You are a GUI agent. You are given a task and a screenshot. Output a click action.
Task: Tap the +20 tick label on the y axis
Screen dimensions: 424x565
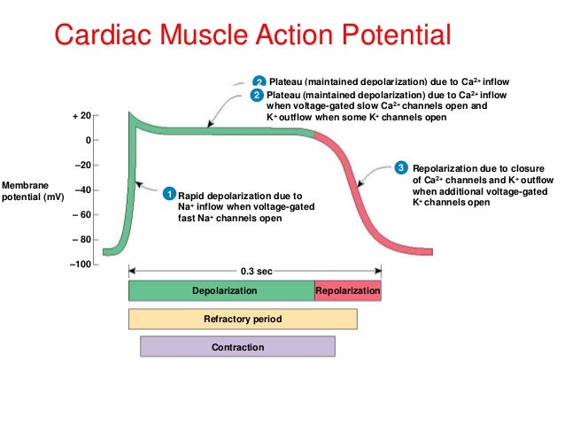(81, 116)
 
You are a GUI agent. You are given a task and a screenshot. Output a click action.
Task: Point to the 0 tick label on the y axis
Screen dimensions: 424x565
(86, 140)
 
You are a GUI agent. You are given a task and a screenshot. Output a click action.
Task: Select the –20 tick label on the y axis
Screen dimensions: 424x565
(81, 165)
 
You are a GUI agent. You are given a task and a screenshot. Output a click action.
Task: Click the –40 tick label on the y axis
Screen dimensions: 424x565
(81, 189)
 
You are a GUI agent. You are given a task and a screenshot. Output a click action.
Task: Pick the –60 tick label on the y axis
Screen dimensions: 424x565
(81, 214)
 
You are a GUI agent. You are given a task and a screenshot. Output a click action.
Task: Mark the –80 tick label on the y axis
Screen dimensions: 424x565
(81, 239)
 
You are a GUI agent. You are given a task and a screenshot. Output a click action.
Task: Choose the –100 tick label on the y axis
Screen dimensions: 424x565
(80, 264)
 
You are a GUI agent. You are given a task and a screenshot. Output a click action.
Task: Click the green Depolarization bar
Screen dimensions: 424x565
(221, 291)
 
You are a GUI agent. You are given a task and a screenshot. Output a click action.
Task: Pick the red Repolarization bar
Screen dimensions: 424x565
(348, 291)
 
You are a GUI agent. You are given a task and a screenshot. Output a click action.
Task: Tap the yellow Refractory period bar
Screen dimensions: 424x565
(243, 319)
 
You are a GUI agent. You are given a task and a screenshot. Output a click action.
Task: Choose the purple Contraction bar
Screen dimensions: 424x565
(237, 347)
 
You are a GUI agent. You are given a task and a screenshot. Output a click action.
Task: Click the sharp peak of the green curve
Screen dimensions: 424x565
(131, 115)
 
